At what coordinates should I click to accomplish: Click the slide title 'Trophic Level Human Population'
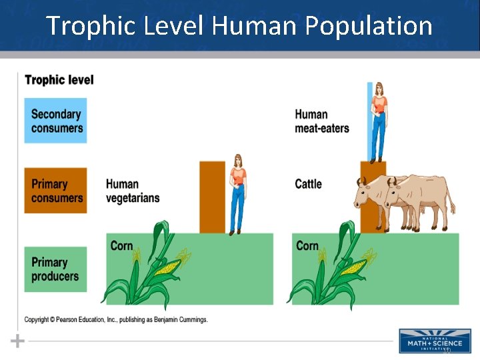pyautogui.click(x=239, y=26)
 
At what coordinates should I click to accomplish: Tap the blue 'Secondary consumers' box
pyautogui.click(x=55, y=121)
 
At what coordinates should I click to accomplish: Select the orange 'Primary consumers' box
pyautogui.click(x=55, y=190)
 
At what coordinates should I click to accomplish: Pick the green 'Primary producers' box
pyautogui.click(x=55, y=269)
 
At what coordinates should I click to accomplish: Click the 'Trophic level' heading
pyautogui.click(x=59, y=80)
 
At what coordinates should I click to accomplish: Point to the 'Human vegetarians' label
pyautogui.click(x=132, y=191)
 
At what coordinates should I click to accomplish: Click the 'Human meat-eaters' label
pyautogui.click(x=321, y=121)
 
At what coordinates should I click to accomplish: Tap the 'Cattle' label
pyautogui.click(x=308, y=183)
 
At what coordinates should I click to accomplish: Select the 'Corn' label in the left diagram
pyautogui.click(x=121, y=246)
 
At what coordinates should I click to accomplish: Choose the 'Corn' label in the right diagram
pyautogui.click(x=307, y=246)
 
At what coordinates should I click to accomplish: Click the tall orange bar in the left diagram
pyautogui.click(x=213, y=197)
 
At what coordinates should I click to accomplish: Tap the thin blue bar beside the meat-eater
pyautogui.click(x=369, y=120)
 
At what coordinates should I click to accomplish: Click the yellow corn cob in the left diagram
pyautogui.click(x=167, y=268)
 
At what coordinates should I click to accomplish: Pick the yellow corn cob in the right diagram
pyautogui.click(x=353, y=268)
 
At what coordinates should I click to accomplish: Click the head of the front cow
pyautogui.click(x=364, y=194)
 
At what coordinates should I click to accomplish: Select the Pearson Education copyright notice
pyautogui.click(x=116, y=320)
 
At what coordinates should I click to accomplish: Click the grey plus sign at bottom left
pyautogui.click(x=17, y=341)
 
